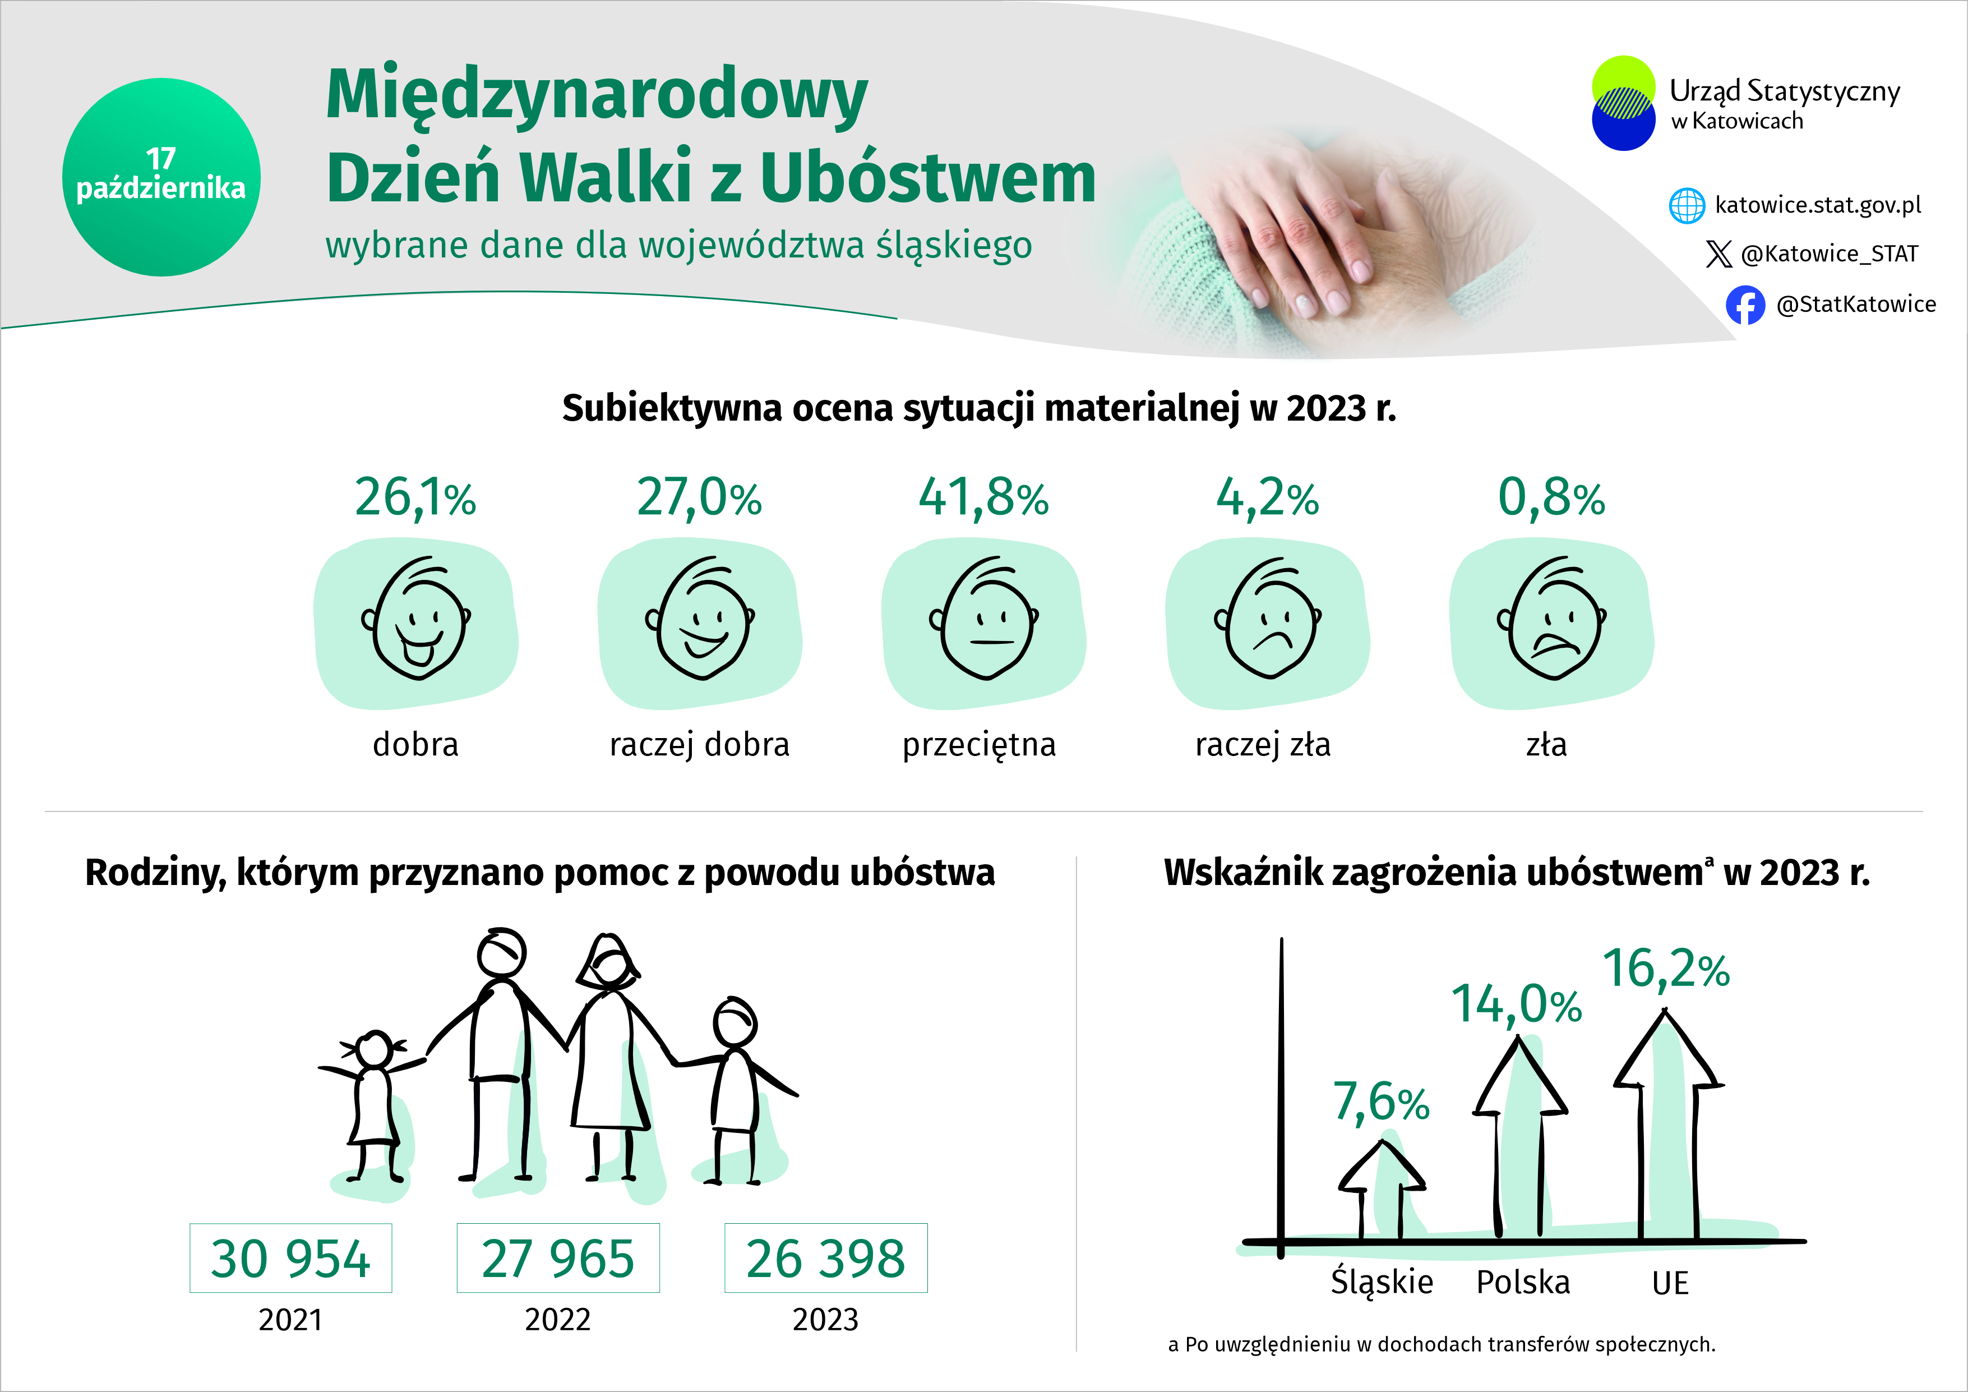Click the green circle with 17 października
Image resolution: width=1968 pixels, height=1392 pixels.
tap(161, 177)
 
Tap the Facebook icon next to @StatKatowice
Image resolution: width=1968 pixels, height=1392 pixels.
tap(1745, 305)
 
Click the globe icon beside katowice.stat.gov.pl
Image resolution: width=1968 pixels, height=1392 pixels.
tap(1687, 206)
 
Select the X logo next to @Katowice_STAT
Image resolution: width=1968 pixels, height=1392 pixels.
tap(1718, 253)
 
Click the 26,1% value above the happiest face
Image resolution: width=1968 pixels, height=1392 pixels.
tap(415, 497)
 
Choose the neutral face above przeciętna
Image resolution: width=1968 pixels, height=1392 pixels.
tap(986, 619)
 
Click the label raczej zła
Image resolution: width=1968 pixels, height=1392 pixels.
tap(1263, 744)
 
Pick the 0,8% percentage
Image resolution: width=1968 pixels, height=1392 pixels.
tap(1551, 497)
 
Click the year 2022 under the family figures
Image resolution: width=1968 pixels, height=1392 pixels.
tap(557, 1319)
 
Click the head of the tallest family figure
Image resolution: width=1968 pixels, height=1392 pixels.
tap(501, 952)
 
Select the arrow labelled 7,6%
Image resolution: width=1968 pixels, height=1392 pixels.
tap(1381, 1187)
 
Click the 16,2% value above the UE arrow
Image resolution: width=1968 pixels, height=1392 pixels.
tap(1665, 970)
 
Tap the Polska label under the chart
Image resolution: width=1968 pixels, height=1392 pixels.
tap(1522, 1282)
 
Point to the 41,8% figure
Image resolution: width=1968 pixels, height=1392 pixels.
tap(983, 497)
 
